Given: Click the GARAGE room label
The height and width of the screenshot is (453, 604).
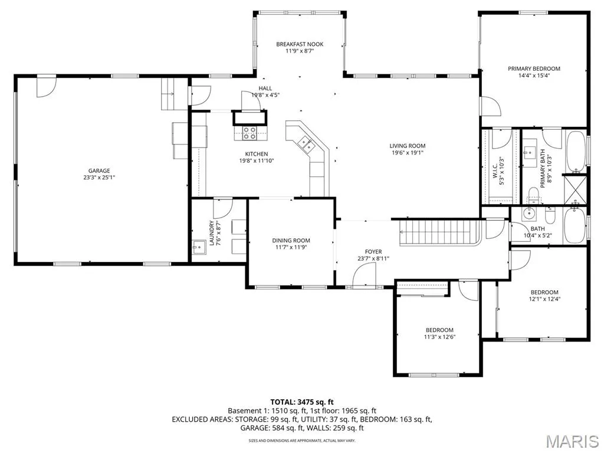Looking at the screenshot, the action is (99, 170).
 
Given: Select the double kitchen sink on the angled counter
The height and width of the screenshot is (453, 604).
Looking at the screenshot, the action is (306, 143).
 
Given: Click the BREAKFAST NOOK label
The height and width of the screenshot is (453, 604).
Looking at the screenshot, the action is (300, 44).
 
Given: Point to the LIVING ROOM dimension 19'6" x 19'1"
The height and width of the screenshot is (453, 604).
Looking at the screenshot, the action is (408, 153).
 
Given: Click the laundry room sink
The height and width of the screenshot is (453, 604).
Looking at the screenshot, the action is (199, 247).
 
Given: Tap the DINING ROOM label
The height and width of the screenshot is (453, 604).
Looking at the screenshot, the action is (291, 241).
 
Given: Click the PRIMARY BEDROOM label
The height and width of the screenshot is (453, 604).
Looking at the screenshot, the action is (534, 68).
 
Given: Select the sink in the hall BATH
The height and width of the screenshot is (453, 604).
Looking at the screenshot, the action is (528, 213).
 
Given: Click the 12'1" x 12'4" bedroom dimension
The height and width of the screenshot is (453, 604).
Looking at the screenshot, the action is (544, 299).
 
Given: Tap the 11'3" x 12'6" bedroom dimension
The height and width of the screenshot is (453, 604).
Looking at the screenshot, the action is (439, 337).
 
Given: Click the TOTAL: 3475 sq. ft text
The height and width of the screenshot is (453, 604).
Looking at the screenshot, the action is (301, 402).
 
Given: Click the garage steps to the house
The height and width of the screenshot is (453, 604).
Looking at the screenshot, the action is (170, 94).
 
